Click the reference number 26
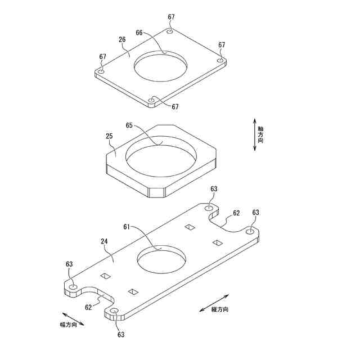pyautogui.click(x=122, y=39)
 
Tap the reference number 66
pyautogui.click(x=139, y=33)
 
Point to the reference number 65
pyautogui.click(x=129, y=125)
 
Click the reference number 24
pyautogui.click(x=104, y=242)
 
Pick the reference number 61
pyautogui.click(x=127, y=227)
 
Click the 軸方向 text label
pyautogui.click(x=260, y=134)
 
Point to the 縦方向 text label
pyautogui.click(x=219, y=309)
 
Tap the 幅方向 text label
pyautogui.click(x=71, y=325)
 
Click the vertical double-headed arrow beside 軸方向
pyautogui.click(x=254, y=134)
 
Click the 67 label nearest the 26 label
pyautogui.click(x=102, y=57)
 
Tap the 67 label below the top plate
pyautogui.click(x=175, y=106)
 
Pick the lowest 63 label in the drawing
pyautogui.click(x=121, y=334)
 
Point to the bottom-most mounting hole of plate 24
pyautogui.click(x=114, y=311)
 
